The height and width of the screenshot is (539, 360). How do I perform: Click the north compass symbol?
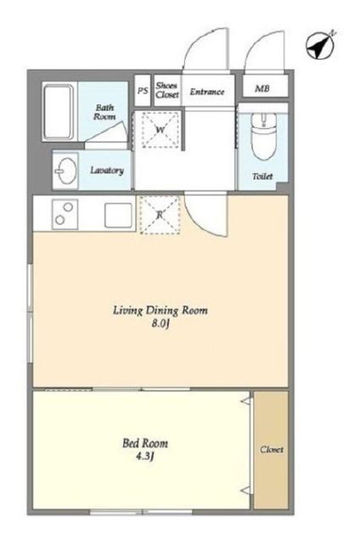click(320, 45)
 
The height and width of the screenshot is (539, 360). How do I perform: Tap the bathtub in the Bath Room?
click(59, 112)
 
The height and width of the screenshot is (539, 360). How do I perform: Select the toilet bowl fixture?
click(264, 136)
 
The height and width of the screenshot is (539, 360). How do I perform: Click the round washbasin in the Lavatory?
click(65, 171)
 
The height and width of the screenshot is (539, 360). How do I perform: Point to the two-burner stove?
click(65, 215)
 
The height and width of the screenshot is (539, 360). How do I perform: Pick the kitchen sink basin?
click(118, 216)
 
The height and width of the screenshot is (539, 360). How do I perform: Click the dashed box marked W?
click(160, 130)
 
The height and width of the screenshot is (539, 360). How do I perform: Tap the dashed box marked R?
click(160, 216)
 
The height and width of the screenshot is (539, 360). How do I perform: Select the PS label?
click(143, 91)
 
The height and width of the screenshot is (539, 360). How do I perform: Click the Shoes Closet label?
click(167, 90)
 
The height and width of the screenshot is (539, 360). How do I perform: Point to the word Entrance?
click(207, 92)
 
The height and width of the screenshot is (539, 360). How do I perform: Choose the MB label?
click(262, 88)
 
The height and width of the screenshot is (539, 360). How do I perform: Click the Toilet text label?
click(262, 177)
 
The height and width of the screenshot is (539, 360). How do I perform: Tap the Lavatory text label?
click(107, 170)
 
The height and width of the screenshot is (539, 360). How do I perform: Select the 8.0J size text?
click(161, 324)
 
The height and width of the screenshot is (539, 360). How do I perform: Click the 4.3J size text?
click(144, 457)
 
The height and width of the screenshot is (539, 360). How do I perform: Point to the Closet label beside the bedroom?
click(272, 449)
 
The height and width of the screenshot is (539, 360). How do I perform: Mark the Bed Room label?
click(145, 443)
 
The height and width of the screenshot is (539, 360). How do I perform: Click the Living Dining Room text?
click(160, 311)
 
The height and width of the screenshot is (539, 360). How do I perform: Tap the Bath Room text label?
click(104, 112)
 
